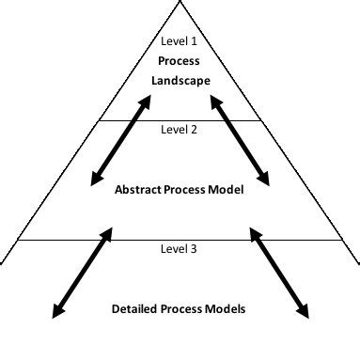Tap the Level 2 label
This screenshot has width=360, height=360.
pyautogui.click(x=180, y=130)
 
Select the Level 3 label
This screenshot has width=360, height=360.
pyautogui.click(x=180, y=249)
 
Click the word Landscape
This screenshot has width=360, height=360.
pyautogui.click(x=180, y=81)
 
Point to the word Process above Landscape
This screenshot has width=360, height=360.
pyautogui.click(x=180, y=61)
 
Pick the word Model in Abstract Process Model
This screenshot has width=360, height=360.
pyautogui.click(x=227, y=189)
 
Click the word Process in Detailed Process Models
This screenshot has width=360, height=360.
pyautogui.click(x=184, y=308)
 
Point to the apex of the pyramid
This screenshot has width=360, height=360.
pyautogui.click(x=180, y=3)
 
